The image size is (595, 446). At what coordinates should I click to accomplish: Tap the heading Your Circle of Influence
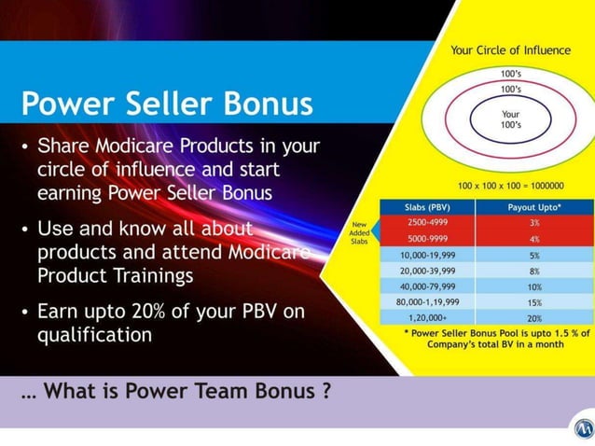tap(510, 50)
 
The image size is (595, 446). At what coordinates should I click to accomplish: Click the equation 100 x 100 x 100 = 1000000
tap(510, 187)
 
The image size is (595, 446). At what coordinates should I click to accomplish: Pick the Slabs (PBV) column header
tap(427, 207)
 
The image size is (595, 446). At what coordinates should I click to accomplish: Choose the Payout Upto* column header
tap(533, 207)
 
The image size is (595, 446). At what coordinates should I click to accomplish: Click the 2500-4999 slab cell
tap(427, 223)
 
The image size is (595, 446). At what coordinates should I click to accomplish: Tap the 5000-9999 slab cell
tap(427, 239)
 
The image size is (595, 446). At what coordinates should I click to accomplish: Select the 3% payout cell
tap(533, 223)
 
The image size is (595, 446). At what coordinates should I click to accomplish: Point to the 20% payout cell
tap(533, 318)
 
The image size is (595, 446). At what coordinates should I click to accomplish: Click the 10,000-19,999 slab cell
tap(427, 255)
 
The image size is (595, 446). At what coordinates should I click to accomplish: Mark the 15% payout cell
tap(533, 302)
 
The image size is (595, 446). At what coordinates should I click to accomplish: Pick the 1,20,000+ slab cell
tap(427, 318)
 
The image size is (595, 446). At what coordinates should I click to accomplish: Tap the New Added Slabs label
tap(359, 231)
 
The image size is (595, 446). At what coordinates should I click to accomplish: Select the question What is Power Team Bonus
tap(177, 391)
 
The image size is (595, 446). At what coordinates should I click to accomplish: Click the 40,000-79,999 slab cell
tap(427, 286)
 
